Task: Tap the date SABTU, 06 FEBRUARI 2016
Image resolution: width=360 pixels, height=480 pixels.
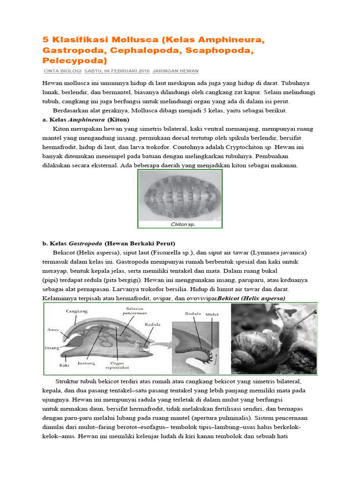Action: click(x=117, y=71)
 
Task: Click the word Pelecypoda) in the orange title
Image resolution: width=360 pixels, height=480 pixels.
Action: click(x=75, y=60)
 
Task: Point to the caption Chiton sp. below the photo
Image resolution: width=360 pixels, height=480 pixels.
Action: click(x=182, y=225)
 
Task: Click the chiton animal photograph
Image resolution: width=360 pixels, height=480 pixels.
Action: click(x=180, y=196)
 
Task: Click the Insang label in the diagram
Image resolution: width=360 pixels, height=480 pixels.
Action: click(x=52, y=348)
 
